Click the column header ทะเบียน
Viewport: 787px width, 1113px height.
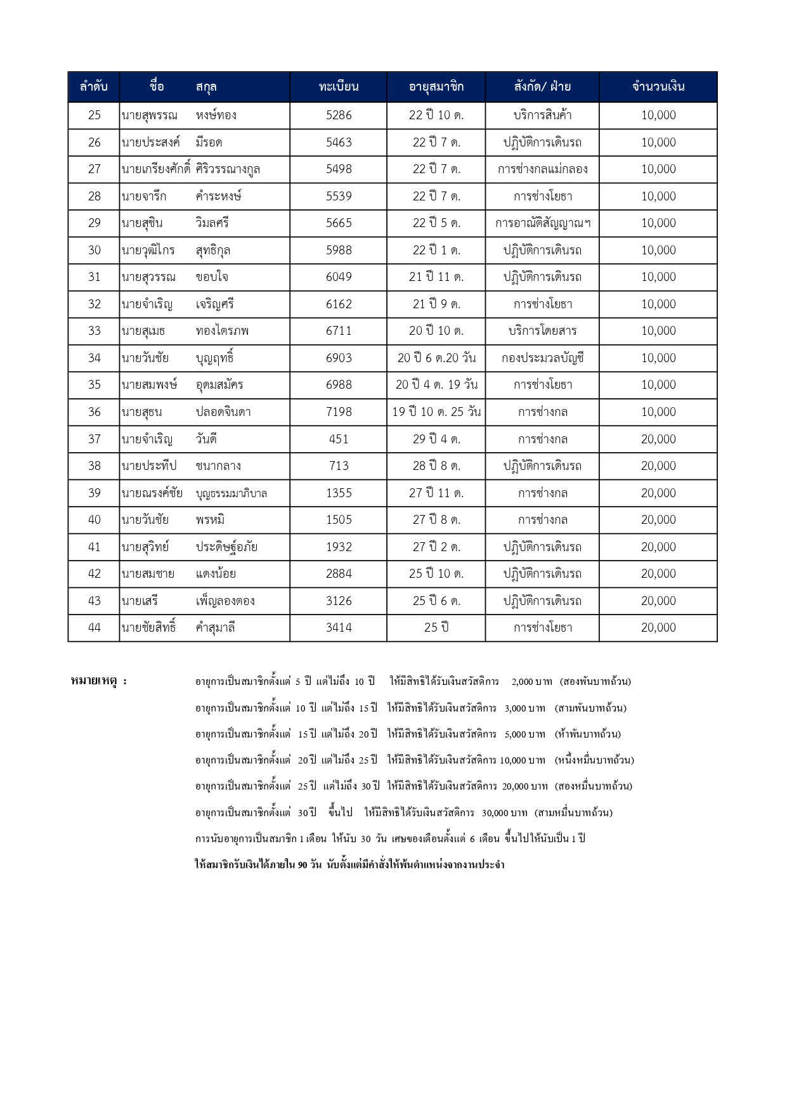[339, 87]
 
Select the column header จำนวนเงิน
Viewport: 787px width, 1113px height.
[658, 87]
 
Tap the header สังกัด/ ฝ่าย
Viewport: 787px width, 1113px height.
[542, 87]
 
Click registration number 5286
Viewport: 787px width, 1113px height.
[339, 115]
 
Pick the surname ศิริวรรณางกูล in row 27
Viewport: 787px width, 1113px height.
[228, 169]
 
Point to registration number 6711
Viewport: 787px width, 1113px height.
[339, 331]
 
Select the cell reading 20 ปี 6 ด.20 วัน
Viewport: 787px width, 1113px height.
[436, 358]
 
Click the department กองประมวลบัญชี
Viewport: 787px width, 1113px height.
[542, 358]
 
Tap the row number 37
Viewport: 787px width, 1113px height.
[94, 439]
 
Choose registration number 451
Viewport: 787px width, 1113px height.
[339, 439]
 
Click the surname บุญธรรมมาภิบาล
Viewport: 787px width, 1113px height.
[231, 493]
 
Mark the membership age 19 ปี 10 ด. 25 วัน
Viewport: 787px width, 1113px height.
[436, 412]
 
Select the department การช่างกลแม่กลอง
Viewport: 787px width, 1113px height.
[542, 169]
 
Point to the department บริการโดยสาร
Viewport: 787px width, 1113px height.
[542, 331]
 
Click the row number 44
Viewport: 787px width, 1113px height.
[94, 628]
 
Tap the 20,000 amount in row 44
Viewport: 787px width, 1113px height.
[658, 628]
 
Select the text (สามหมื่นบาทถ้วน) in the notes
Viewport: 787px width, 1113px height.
[573, 812]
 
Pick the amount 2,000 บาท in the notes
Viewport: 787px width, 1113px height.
[531, 682]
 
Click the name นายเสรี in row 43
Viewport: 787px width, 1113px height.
[140, 601]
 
